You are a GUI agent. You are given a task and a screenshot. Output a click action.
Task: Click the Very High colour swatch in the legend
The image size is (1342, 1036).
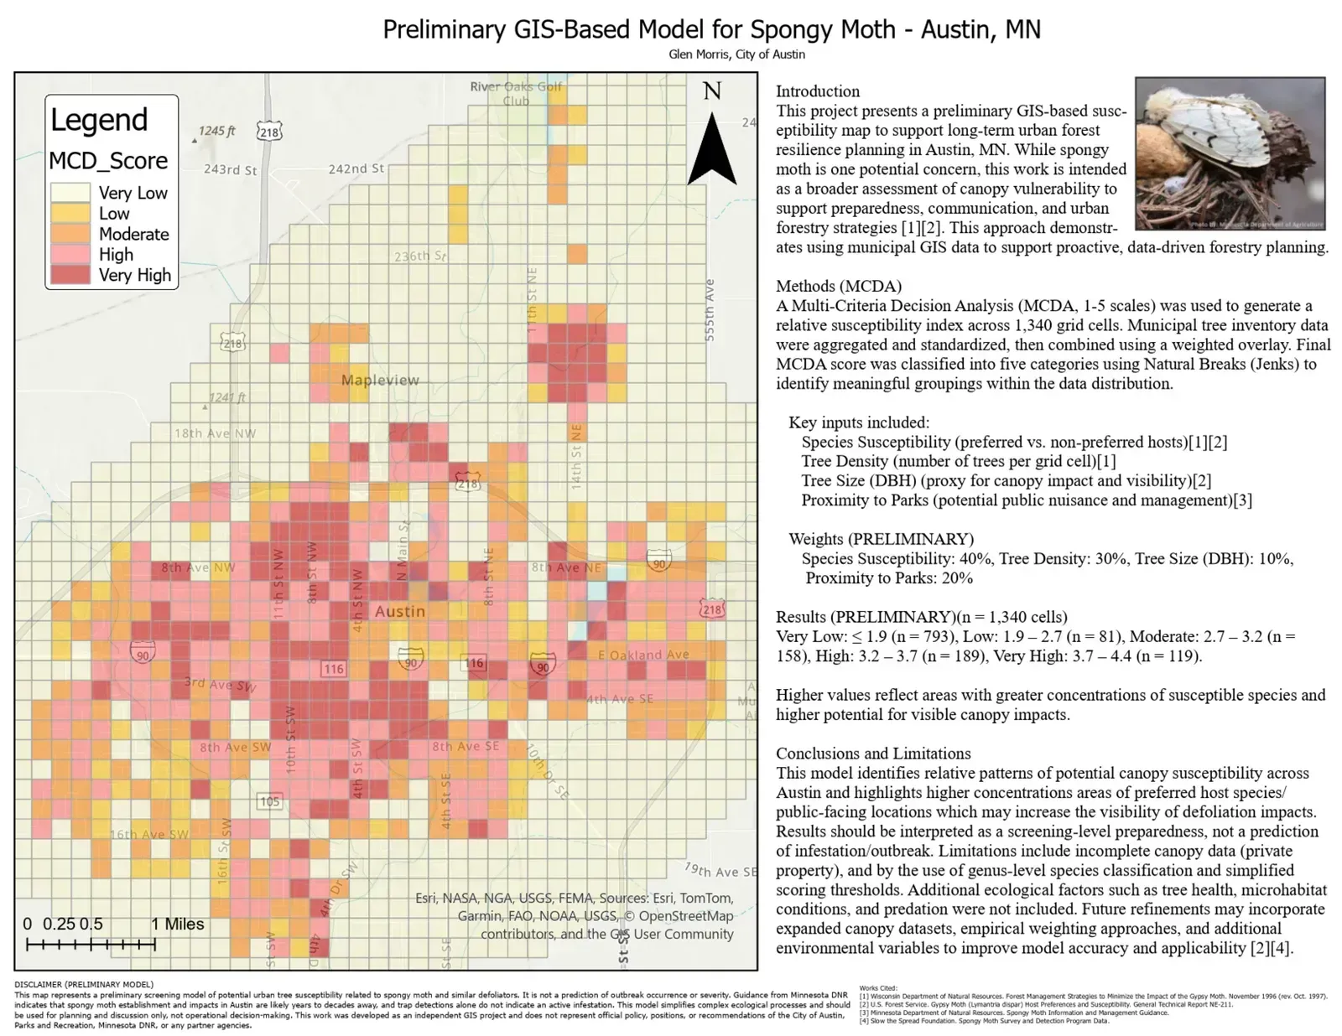(70, 275)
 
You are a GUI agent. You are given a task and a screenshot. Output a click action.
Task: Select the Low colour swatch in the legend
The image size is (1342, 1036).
(70, 213)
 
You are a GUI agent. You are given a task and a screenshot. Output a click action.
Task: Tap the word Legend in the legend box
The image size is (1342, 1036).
(99, 120)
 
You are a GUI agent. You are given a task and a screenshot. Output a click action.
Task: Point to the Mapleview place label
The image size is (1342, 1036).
(380, 380)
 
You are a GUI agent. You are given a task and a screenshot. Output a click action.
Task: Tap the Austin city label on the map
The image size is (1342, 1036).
(400, 611)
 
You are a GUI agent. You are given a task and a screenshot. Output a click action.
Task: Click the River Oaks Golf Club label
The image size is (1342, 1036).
(516, 93)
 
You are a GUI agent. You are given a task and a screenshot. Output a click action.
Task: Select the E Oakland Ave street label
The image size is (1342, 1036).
(644, 655)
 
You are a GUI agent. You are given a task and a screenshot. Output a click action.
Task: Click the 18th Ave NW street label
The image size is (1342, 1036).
(216, 433)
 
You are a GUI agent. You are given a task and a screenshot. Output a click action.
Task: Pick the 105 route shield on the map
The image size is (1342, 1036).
(269, 801)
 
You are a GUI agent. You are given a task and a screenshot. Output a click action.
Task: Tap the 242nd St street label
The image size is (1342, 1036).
(356, 168)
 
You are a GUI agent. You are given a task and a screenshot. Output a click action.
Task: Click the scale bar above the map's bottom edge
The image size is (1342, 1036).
(91, 945)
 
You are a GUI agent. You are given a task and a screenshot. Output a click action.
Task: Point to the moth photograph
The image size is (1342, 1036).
(1230, 153)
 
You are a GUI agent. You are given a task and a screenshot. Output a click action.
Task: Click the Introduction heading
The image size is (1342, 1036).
(818, 91)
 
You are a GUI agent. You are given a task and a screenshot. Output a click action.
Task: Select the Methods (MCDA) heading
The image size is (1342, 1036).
(839, 286)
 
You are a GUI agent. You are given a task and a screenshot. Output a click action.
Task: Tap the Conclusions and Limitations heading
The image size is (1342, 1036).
(873, 754)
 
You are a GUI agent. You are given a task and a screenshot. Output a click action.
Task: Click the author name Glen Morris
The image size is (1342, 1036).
(700, 54)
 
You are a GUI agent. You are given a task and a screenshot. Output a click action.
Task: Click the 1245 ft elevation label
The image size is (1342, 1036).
(217, 131)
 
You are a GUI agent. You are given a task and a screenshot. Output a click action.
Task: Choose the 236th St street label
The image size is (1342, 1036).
(420, 256)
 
